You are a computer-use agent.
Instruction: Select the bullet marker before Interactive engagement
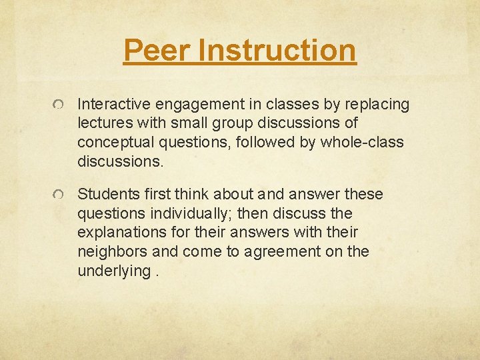(61, 105)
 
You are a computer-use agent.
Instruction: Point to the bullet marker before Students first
(61, 195)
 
